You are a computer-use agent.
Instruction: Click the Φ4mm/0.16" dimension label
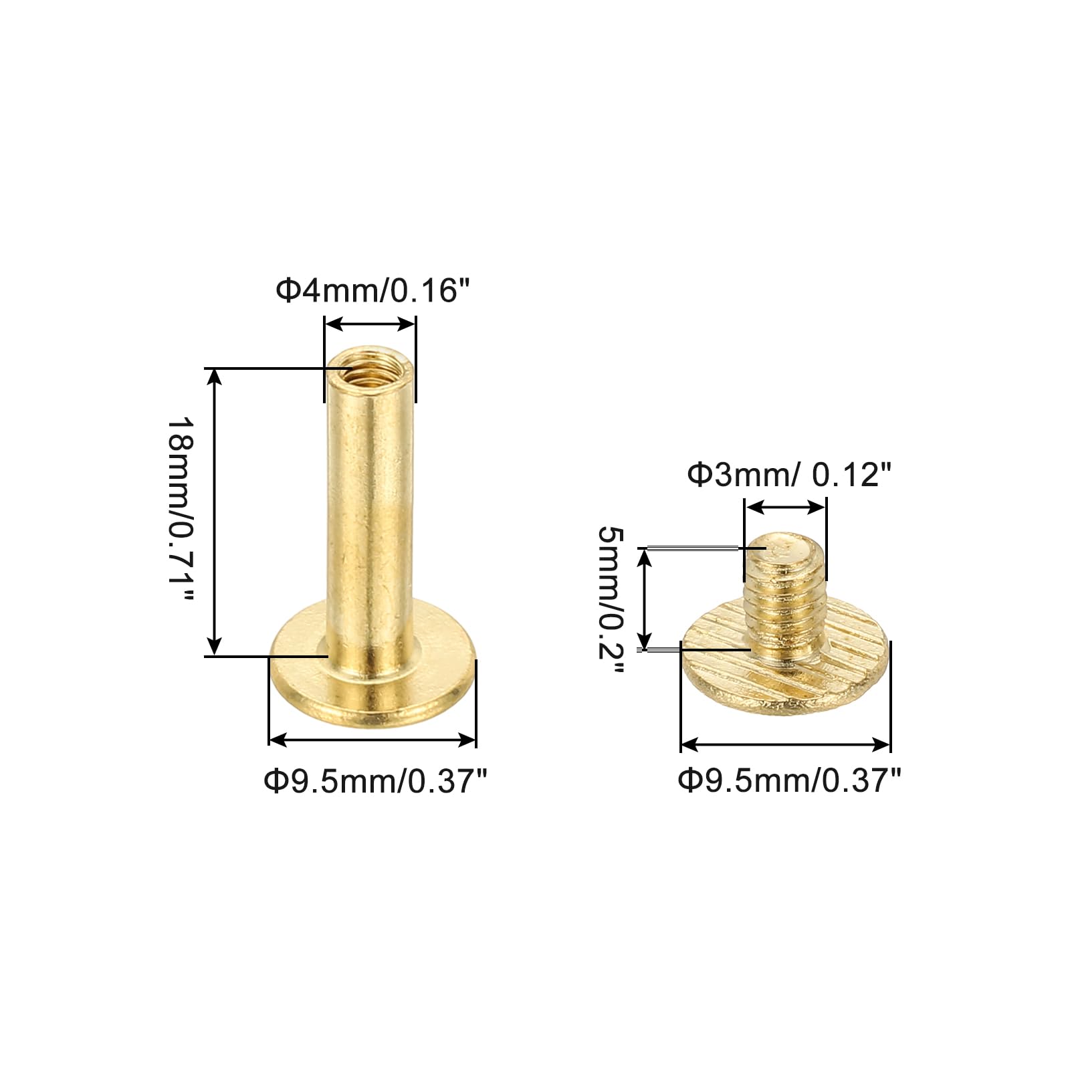pyautogui.click(x=373, y=291)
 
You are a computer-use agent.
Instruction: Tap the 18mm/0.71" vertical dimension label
pyautogui.click(x=181, y=510)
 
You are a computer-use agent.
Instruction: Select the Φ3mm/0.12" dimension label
pyautogui.click(x=789, y=475)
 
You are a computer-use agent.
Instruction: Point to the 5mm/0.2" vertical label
pyautogui.click(x=610, y=601)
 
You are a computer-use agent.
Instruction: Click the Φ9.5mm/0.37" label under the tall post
pyautogui.click(x=376, y=781)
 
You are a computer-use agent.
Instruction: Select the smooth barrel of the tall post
pyautogui.click(x=370, y=508)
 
